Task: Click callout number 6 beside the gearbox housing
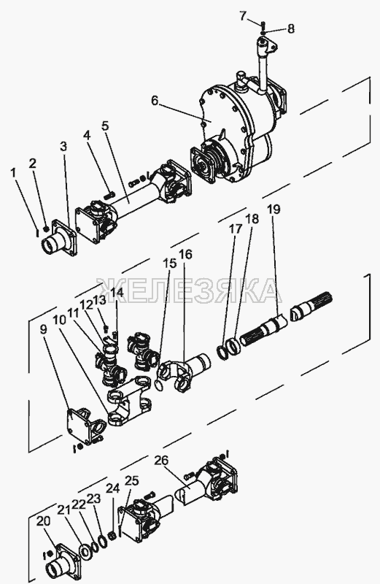pyautogui.click(x=155, y=101)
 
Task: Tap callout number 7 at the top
pyautogui.click(x=243, y=15)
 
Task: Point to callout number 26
pyautogui.click(x=161, y=461)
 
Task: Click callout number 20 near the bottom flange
pyautogui.click(x=43, y=522)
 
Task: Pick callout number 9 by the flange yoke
pyautogui.click(x=44, y=329)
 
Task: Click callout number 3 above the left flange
pyautogui.click(x=63, y=147)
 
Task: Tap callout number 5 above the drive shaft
pyautogui.click(x=105, y=126)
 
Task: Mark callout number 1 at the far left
pyautogui.click(x=14, y=173)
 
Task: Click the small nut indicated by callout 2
pyautogui.click(x=47, y=228)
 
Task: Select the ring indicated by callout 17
pyautogui.click(x=222, y=352)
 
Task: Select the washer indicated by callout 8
pyautogui.click(x=263, y=33)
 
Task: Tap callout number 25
pyautogui.click(x=131, y=481)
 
